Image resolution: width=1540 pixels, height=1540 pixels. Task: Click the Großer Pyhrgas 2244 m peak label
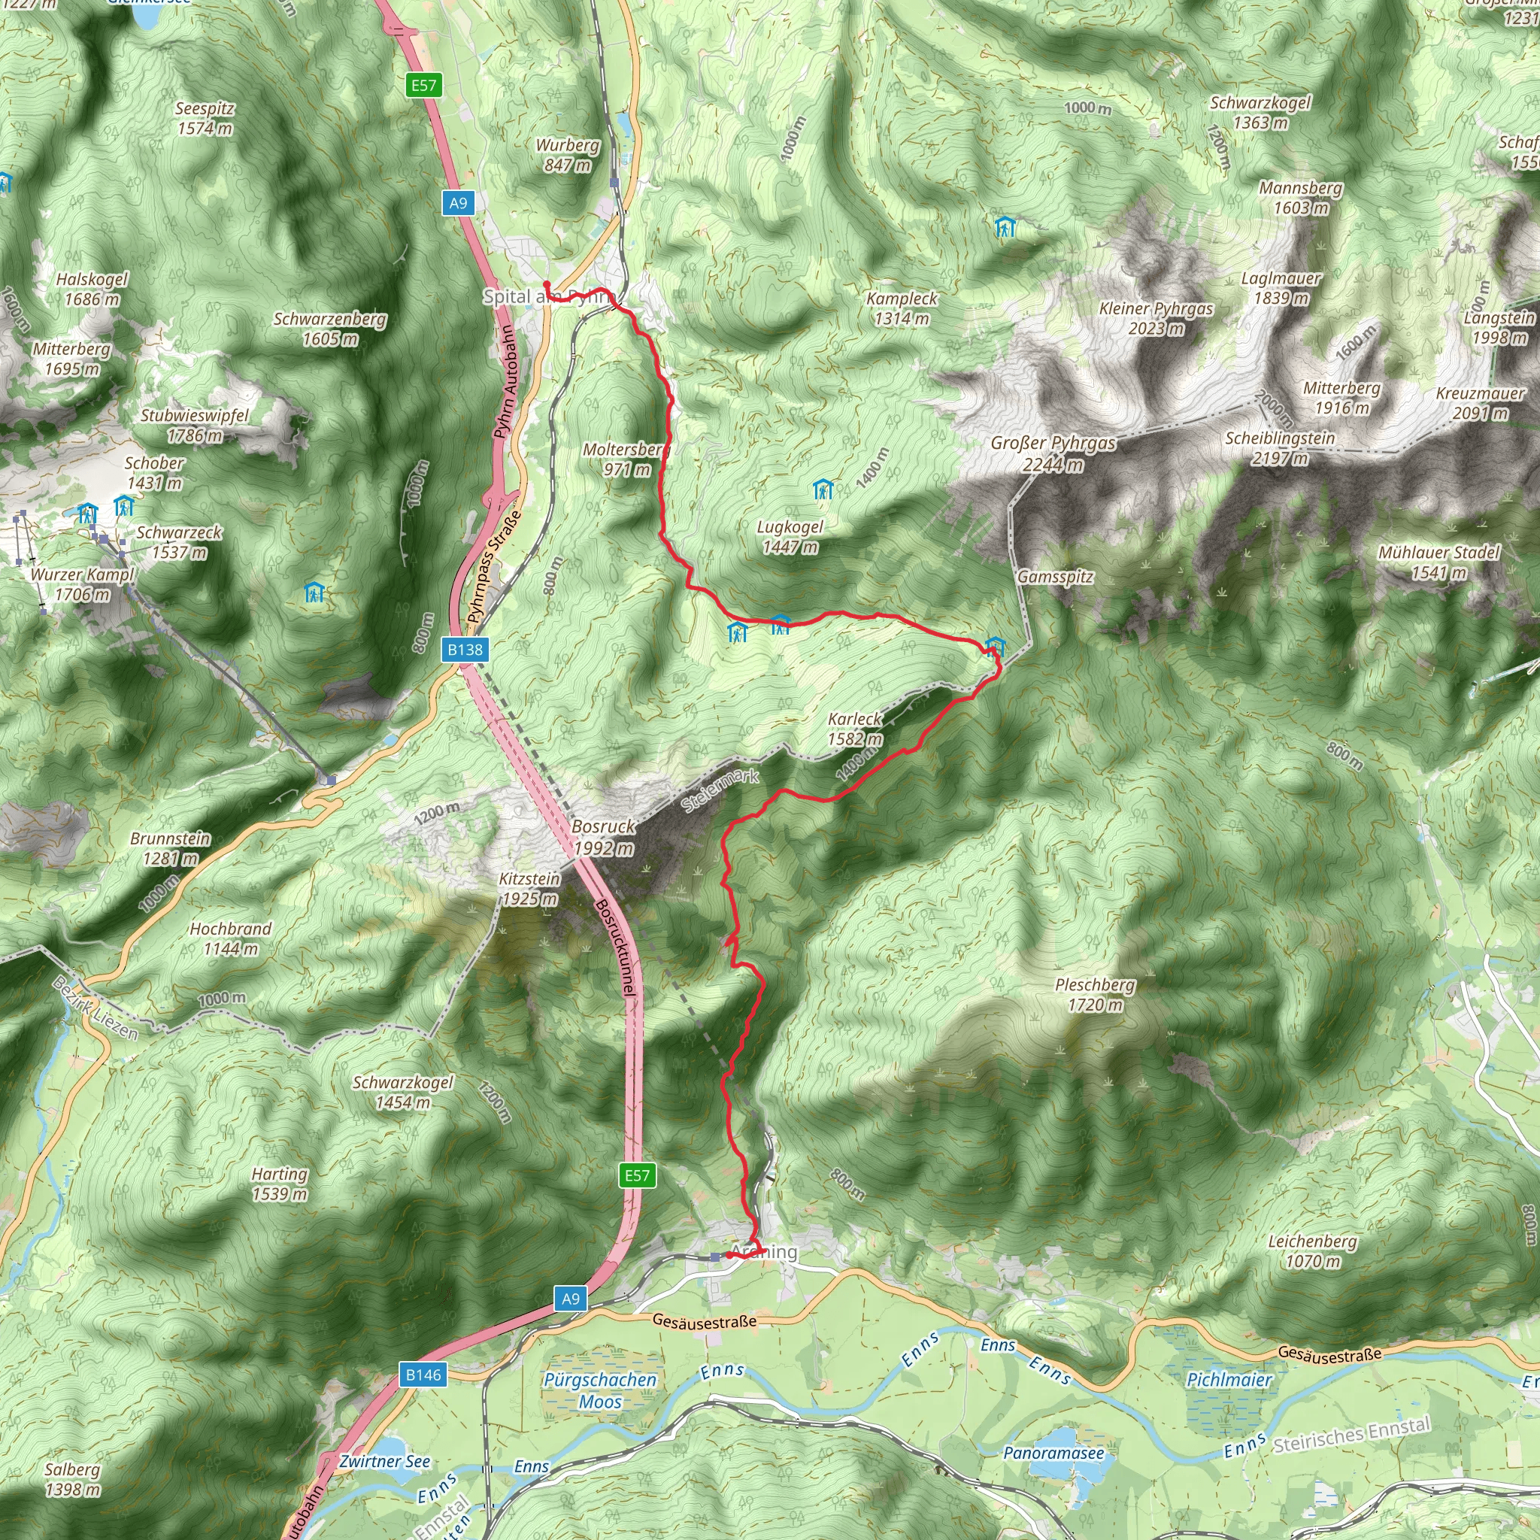pyautogui.click(x=1053, y=453)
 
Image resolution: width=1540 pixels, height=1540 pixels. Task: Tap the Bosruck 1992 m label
pyautogui.click(x=603, y=837)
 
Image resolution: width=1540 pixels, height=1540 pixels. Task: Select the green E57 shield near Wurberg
pyautogui.click(x=423, y=85)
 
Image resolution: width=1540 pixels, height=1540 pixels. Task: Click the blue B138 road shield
pyautogui.click(x=465, y=650)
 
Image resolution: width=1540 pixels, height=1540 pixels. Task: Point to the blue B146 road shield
pyautogui.click(x=423, y=1375)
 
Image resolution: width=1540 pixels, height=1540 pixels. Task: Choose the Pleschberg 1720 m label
pyautogui.click(x=1095, y=994)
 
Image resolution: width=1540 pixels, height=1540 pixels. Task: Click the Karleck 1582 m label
pyautogui.click(x=855, y=729)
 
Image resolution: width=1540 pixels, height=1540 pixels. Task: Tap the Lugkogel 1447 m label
pyautogui.click(x=790, y=536)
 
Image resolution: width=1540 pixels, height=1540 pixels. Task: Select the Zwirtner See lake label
pyautogui.click(x=384, y=1461)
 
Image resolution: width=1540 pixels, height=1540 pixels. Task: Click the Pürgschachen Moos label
pyautogui.click(x=600, y=1390)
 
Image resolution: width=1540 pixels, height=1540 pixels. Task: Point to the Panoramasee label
pyautogui.click(x=1053, y=1452)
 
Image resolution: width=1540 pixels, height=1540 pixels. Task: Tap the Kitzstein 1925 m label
pyautogui.click(x=530, y=889)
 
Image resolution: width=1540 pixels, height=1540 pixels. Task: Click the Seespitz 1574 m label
pyautogui.click(x=205, y=118)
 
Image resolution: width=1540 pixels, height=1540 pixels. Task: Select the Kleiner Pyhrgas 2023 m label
pyautogui.click(x=1156, y=318)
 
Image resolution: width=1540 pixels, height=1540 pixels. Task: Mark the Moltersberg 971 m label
pyautogui.click(x=626, y=459)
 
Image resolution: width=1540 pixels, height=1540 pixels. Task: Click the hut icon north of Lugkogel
pyautogui.click(x=823, y=490)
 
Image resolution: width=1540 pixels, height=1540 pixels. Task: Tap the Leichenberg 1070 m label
pyautogui.click(x=1313, y=1250)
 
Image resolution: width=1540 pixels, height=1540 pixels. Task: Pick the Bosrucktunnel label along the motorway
pyautogui.click(x=616, y=947)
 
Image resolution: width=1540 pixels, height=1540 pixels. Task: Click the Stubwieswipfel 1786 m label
pyautogui.click(x=196, y=425)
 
